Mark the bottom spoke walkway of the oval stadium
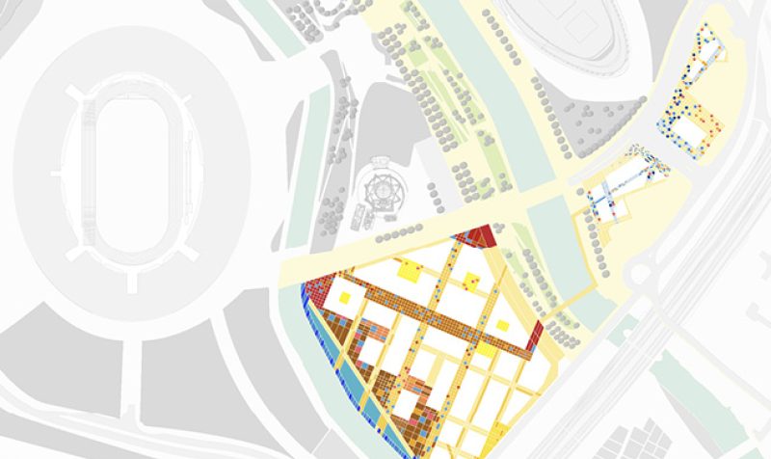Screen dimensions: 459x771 [131, 281]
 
